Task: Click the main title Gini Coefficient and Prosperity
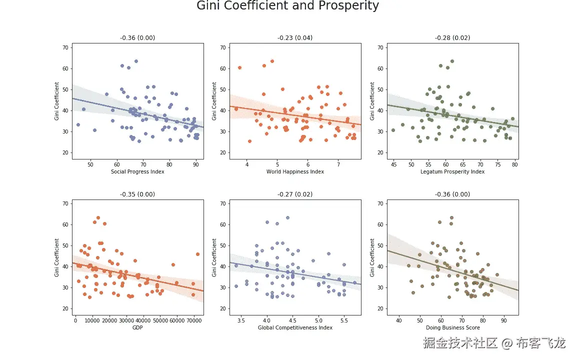coord(287,6)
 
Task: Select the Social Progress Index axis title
coord(137,172)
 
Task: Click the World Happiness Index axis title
coord(295,172)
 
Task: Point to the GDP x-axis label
coord(137,328)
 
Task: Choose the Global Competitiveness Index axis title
coord(295,328)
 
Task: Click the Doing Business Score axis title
coord(452,328)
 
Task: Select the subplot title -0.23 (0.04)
coord(295,38)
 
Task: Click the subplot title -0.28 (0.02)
coord(452,38)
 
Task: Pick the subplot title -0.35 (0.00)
coord(137,194)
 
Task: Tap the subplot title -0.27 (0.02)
coord(295,194)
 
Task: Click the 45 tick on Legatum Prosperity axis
coord(393,163)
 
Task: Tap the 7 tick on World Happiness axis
coord(338,163)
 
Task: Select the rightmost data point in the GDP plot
coord(197,254)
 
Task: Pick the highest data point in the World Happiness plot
coord(272,61)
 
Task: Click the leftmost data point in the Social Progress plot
coord(78,124)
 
